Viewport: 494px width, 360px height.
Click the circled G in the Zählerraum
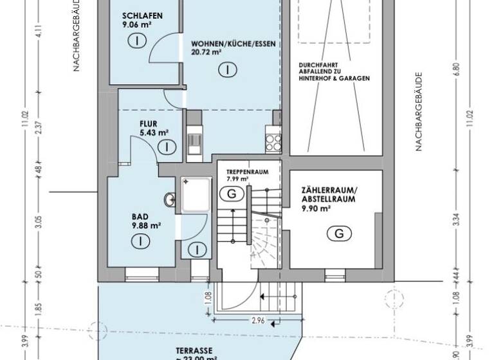pyautogui.click(x=338, y=234)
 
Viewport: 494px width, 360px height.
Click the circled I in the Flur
pyautogui.click(x=167, y=147)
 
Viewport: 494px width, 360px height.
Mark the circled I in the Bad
pyautogui.click(x=138, y=241)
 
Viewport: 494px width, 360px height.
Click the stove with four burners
pyautogui.click(x=273, y=139)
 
